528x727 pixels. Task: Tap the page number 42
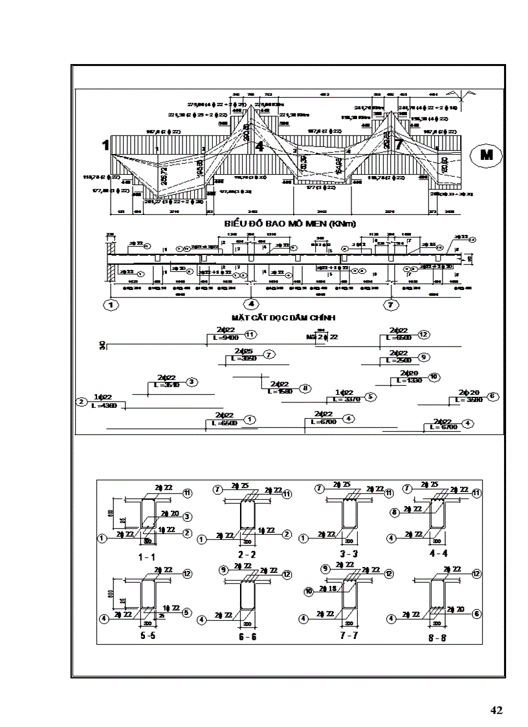coord(496,710)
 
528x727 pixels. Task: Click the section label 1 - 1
coord(147,556)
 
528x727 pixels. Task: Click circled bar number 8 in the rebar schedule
coord(305,388)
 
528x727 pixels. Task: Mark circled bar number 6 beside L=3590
coord(492,396)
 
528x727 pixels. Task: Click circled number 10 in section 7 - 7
coord(307,591)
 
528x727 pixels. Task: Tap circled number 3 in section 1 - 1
coord(187,517)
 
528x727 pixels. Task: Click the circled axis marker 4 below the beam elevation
coord(252,304)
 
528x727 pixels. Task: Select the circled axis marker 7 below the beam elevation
coord(390,304)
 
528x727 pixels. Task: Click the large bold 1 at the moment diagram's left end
coord(105,146)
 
